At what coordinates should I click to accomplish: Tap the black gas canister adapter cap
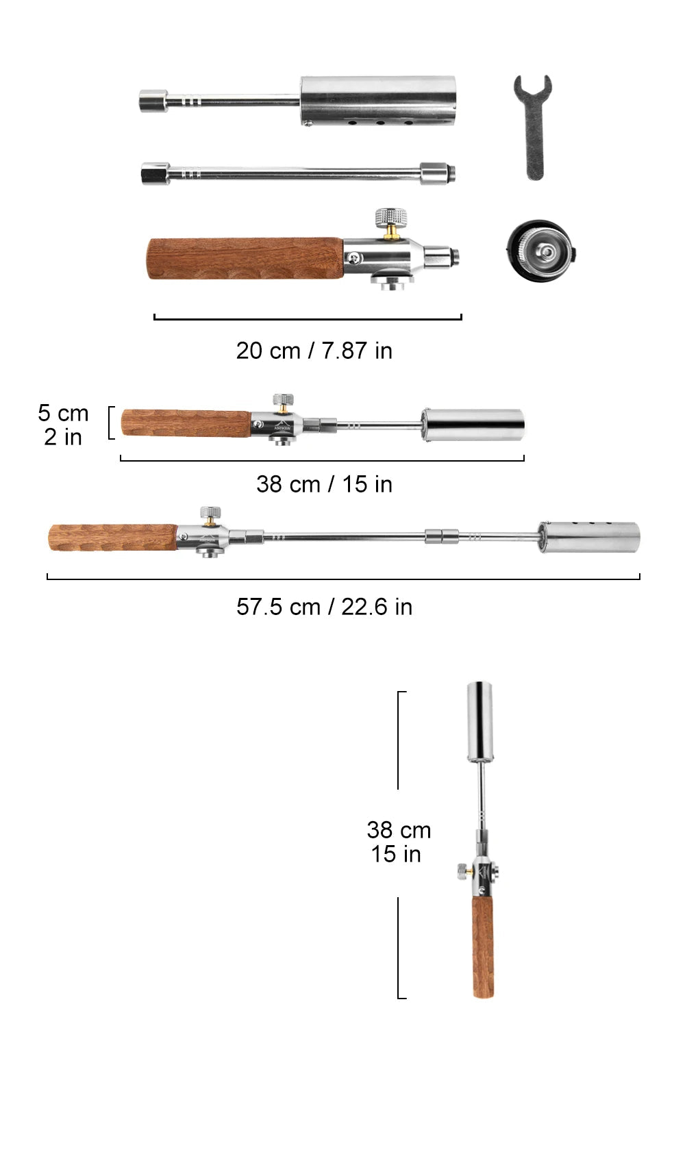[542, 251]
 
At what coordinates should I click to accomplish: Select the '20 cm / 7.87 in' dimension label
[314, 351]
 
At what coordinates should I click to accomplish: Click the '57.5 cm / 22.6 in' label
[324, 607]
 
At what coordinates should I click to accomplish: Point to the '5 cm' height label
[63, 413]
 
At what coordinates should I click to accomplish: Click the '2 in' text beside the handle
[63, 437]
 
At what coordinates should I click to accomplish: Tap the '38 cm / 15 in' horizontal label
[324, 484]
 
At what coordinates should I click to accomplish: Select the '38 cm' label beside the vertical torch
[399, 830]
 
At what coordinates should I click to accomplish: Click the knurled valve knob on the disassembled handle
[391, 216]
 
